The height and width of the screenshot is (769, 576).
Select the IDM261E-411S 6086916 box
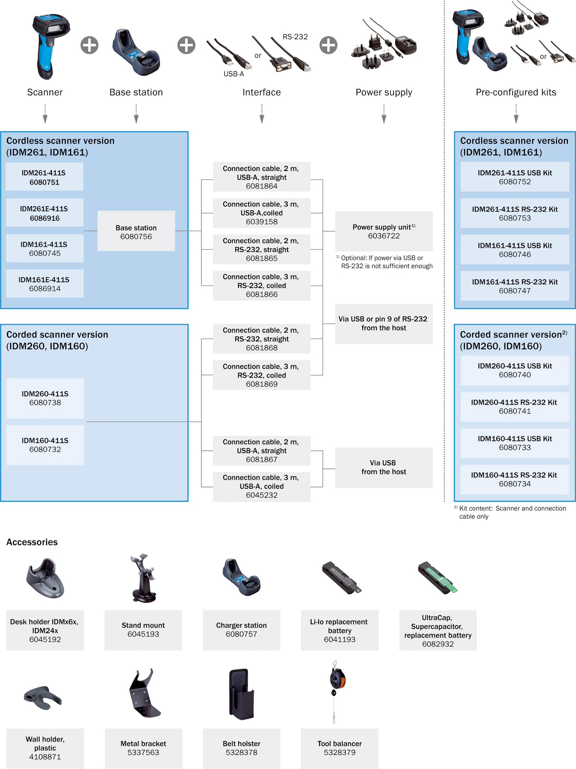point(44,213)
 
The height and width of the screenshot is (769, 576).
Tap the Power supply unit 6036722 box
point(384,231)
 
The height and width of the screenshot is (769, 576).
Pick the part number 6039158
point(261,222)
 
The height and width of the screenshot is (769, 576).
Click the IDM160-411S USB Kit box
point(514,443)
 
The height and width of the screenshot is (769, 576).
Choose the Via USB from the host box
point(384,468)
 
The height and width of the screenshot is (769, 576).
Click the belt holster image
point(241,694)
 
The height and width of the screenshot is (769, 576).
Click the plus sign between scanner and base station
point(89,45)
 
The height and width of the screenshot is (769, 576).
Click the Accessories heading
point(32,542)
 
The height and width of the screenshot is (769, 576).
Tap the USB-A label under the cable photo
point(233,74)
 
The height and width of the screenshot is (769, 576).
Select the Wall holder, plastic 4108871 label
point(45,748)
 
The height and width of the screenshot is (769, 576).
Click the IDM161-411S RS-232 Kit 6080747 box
point(514,286)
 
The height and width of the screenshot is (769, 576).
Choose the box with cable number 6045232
point(261,486)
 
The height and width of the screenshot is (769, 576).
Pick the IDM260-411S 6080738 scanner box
point(45,398)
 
